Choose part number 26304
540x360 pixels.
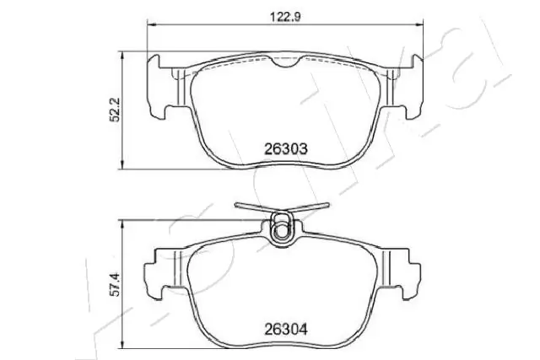tap(286, 328)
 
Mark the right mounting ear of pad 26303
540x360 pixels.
tap(415, 84)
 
